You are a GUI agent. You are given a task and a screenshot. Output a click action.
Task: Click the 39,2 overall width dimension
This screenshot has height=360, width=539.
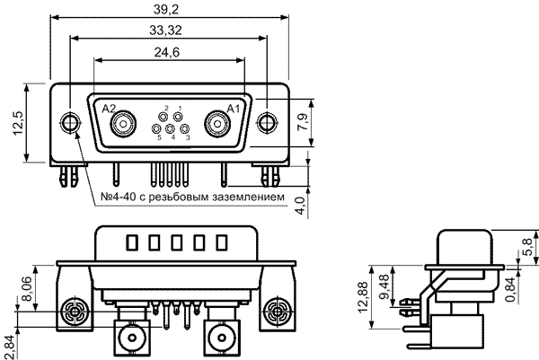[x=166, y=9]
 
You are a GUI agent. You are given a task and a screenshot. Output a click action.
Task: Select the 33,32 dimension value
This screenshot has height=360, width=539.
[x=165, y=31]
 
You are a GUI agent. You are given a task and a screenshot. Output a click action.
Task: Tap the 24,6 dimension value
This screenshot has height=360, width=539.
[x=167, y=52]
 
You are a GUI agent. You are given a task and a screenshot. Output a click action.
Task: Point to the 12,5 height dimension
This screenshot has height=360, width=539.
[x=18, y=123]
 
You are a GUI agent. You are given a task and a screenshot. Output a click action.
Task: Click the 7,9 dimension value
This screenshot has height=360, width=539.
[x=303, y=121]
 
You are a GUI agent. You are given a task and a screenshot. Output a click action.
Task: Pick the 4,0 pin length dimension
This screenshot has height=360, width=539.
[x=300, y=206]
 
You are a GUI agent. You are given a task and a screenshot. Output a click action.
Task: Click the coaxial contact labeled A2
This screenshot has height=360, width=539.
[x=123, y=124]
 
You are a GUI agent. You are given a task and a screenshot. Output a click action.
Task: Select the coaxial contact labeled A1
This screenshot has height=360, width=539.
[x=218, y=124]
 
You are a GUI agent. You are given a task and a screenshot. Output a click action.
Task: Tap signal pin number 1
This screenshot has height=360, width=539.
[x=178, y=117]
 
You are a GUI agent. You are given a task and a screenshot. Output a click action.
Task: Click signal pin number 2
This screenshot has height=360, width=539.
[x=163, y=117]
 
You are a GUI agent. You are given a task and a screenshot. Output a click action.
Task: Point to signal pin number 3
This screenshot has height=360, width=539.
[x=185, y=129]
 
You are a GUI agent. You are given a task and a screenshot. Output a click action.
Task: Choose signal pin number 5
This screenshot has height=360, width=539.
[x=156, y=129]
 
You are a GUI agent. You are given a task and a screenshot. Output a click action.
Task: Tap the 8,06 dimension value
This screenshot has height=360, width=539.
[x=27, y=288]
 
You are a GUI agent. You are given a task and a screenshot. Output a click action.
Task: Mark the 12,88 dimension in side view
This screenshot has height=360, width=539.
[x=363, y=297]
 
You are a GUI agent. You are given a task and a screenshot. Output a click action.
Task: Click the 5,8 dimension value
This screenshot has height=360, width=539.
[x=527, y=247]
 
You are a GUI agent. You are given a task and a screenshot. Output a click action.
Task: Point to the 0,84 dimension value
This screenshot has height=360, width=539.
[x=511, y=290]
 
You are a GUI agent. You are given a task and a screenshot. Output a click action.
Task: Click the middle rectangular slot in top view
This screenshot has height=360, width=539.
[x=177, y=242]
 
